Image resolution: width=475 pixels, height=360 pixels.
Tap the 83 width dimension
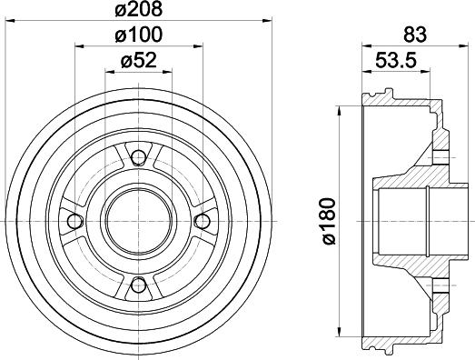tap(414, 35)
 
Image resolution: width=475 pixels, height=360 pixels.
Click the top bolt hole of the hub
tap(138, 158)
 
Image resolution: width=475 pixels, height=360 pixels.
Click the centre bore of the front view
tap(138, 220)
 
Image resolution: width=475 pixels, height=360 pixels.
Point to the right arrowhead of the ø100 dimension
tap(196, 48)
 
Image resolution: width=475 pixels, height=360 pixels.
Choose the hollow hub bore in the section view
tap(400, 220)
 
